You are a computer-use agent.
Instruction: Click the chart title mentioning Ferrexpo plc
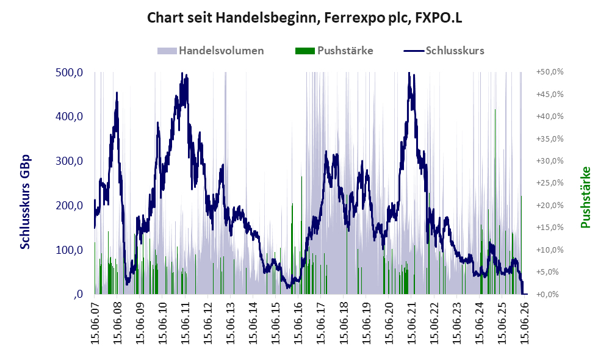[304, 18]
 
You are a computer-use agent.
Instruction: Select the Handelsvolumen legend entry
[211, 51]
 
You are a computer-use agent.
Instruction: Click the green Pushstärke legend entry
[334, 51]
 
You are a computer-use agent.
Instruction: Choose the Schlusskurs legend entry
[444, 51]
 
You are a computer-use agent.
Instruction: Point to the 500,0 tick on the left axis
[70, 72]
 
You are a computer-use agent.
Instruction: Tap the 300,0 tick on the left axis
[70, 161]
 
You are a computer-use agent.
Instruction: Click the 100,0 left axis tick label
[70, 250]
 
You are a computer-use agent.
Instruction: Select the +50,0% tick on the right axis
[550, 72]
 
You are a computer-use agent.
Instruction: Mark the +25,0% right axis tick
[550, 183]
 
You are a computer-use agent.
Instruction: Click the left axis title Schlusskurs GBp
[25, 201]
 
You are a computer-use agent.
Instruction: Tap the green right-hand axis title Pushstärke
[585, 197]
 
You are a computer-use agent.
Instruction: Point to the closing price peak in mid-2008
[117, 92]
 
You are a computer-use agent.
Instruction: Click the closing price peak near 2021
[409, 73]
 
